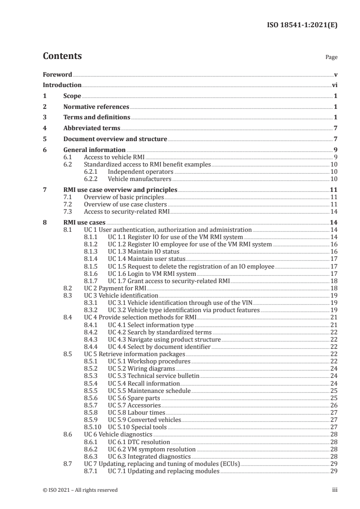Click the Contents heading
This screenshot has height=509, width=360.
click(62, 56)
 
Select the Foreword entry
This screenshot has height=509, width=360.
click(57, 74)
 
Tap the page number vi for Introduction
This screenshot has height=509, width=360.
click(334, 85)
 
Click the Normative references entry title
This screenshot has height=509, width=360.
click(96, 107)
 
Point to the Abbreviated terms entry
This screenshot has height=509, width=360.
click(92, 128)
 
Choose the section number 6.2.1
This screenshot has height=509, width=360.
click(93, 172)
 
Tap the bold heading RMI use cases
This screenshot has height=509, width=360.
click(84, 223)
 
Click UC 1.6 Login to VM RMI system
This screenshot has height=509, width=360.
click(152, 274)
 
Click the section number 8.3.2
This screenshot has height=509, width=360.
click(93, 310)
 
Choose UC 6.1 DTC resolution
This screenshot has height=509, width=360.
click(139, 441)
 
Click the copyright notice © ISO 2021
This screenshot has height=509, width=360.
click(80, 490)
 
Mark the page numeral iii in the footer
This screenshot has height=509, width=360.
click(335, 490)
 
